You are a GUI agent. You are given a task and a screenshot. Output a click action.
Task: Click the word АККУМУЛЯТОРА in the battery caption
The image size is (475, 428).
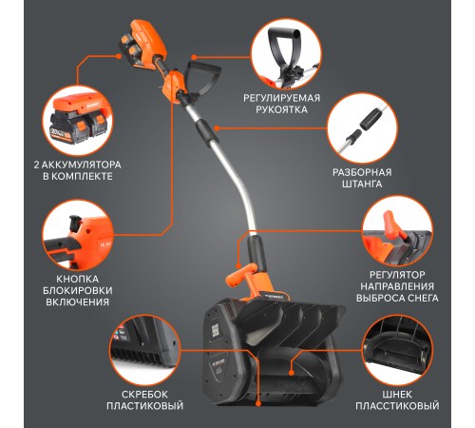click(x=82, y=165)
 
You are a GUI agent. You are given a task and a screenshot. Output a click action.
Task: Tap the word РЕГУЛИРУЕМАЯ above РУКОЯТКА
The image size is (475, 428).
click(x=282, y=98)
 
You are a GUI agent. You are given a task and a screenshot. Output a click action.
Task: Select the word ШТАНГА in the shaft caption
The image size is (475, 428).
click(x=362, y=184)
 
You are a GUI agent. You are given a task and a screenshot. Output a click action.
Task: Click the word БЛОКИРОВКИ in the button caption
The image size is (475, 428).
click(x=78, y=290)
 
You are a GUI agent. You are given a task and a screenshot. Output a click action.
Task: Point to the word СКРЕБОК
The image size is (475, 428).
click(x=144, y=395)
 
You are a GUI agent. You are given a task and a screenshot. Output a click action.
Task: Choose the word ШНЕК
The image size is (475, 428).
click(x=397, y=395)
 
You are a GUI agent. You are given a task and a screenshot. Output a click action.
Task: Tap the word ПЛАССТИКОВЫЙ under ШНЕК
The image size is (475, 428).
click(x=397, y=406)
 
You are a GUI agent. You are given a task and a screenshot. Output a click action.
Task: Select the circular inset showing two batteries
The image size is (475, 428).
click(x=78, y=121)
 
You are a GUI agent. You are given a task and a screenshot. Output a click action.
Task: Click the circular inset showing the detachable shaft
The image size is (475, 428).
click(x=362, y=128)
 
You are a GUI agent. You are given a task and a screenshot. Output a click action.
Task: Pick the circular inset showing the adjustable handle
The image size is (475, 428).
click(x=286, y=54)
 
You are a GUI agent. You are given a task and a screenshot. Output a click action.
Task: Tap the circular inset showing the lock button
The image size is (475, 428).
click(x=78, y=235)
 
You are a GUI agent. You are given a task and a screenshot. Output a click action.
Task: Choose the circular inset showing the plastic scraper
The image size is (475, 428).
click(x=144, y=351)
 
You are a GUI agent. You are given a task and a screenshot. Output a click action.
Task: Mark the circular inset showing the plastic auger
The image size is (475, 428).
click(x=397, y=351)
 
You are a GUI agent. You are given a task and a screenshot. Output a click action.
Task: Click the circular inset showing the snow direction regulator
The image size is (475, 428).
click(x=397, y=231)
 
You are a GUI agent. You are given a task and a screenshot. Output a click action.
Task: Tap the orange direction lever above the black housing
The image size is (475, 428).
click(x=238, y=275)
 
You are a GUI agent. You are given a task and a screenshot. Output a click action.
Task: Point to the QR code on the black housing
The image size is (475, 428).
click(x=216, y=331)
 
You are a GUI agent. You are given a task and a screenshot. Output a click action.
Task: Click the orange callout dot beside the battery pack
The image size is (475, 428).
click(x=119, y=56)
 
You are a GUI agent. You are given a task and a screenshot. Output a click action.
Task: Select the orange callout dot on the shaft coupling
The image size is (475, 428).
click(x=217, y=128)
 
